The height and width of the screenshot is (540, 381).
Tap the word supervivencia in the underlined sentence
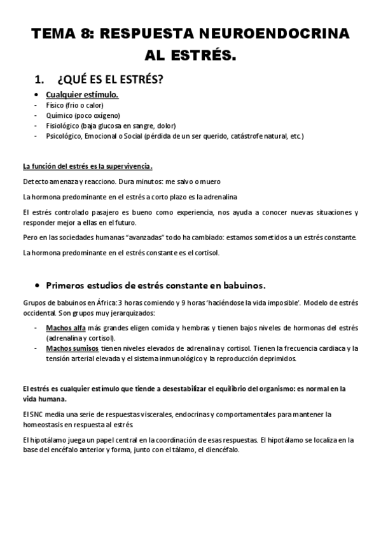[x=129, y=167]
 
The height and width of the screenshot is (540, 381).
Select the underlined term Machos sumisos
[x=71, y=348]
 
